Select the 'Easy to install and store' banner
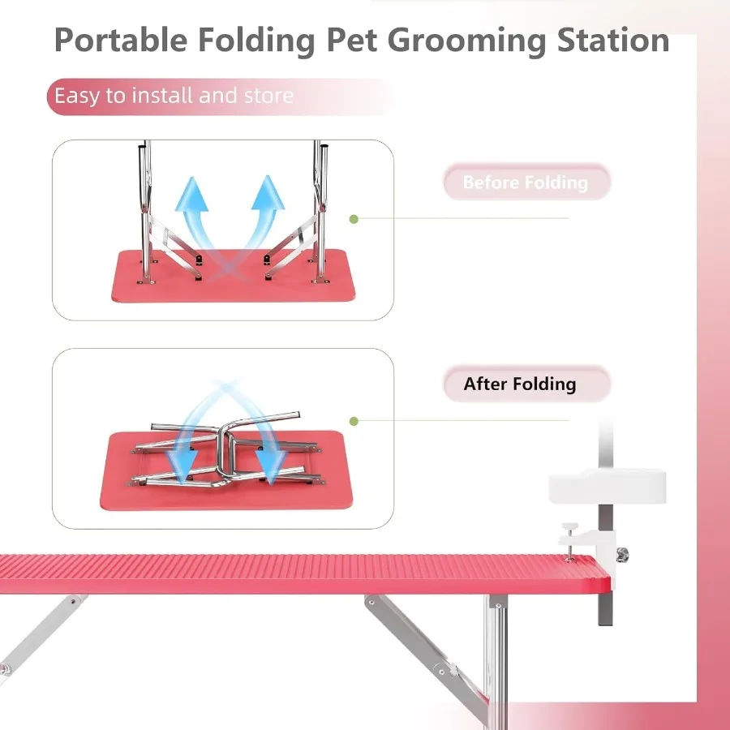[174, 96]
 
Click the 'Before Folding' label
[526, 182]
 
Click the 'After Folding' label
[520, 384]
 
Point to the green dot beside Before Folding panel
[354, 219]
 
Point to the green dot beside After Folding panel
[354, 421]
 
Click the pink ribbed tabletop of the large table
[284, 573]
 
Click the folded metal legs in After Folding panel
[227, 454]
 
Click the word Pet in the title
[353, 40]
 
